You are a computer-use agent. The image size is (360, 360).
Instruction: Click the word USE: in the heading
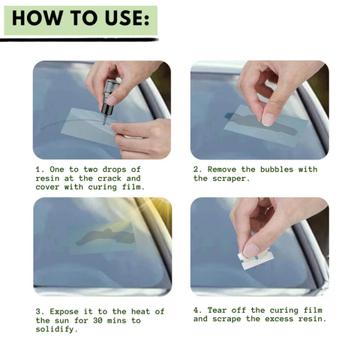click(x=127, y=18)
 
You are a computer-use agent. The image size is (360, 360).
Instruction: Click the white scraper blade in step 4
click(x=256, y=260)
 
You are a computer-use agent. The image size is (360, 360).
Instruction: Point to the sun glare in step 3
click(x=156, y=208)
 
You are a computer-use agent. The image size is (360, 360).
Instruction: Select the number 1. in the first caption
click(x=40, y=169)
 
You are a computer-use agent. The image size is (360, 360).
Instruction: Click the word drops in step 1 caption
click(x=114, y=170)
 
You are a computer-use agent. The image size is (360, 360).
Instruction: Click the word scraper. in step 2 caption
click(x=231, y=179)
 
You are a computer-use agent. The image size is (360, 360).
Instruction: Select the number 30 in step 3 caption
click(x=97, y=320)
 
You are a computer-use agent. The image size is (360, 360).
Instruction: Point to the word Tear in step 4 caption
click(x=217, y=310)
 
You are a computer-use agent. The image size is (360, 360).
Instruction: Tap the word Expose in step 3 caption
click(x=64, y=312)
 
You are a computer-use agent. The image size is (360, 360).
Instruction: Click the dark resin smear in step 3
click(x=105, y=237)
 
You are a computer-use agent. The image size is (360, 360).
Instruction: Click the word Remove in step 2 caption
click(x=222, y=169)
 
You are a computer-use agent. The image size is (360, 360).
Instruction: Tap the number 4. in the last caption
click(x=197, y=310)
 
